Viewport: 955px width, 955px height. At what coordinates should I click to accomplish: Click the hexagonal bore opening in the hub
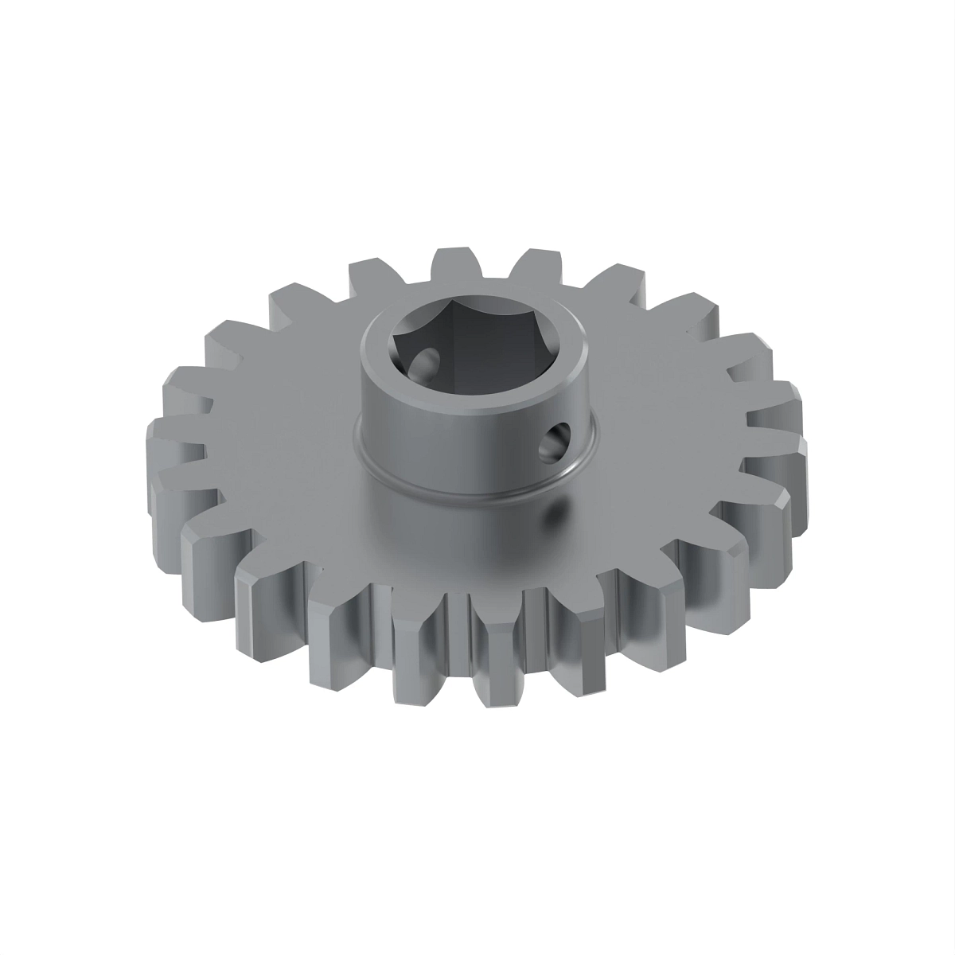tap(470, 350)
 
